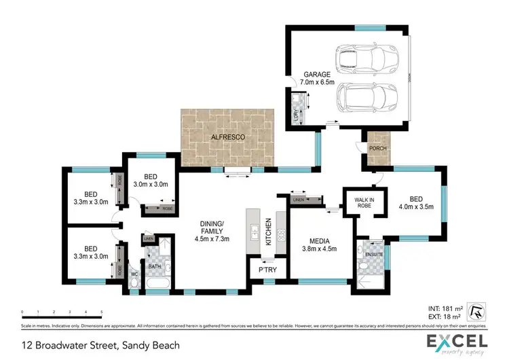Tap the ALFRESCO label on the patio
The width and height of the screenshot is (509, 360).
pos(227,136)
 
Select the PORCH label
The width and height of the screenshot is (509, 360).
pos(377,148)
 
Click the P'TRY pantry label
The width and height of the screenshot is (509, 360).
pos(266,270)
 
